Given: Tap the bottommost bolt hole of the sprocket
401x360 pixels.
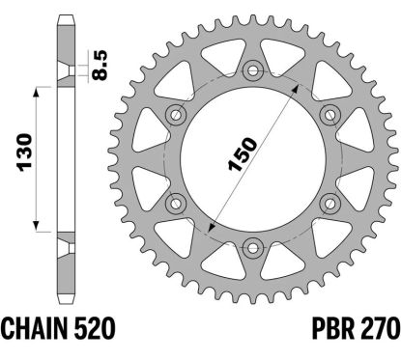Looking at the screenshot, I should tap(252, 243).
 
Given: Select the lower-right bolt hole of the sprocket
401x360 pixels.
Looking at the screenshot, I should tap(328, 200).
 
